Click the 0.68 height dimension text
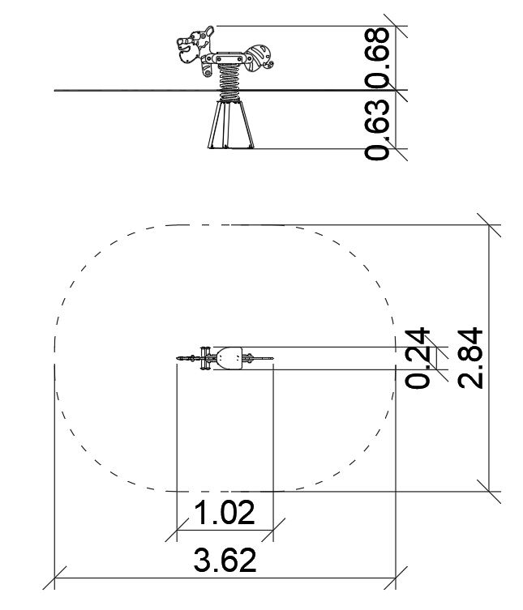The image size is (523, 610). coord(377,58)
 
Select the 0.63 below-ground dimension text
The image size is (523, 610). coord(377,130)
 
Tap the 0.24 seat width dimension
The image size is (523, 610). coord(418,358)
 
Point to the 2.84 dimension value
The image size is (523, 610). coord(470,358)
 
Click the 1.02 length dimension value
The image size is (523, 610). coord(225,513)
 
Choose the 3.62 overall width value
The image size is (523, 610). coord(225,560)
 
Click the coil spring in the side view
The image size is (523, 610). coord(229,83)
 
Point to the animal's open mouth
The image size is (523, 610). coord(186,49)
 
